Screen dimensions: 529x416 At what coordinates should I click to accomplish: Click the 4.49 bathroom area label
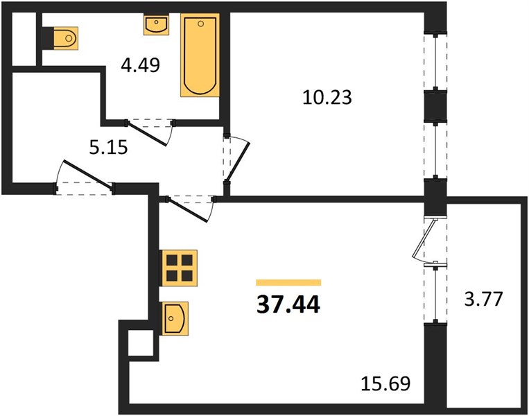[x=140, y=65]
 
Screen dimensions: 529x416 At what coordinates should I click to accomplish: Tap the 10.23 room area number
[x=327, y=97]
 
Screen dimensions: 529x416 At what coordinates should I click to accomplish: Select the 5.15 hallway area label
[x=108, y=148]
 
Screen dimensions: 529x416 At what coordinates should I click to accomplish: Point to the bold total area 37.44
[x=288, y=304]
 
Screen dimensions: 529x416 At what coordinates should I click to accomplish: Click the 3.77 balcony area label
[x=483, y=299]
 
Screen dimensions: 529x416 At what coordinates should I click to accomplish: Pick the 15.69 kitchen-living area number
[x=385, y=383]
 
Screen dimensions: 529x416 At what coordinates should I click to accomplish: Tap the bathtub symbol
[x=200, y=55]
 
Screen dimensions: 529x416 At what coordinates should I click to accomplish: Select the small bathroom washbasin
[x=156, y=25]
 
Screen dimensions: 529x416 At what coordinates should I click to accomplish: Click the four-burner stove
[x=179, y=268]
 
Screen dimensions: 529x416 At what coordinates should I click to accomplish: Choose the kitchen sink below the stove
[x=175, y=318]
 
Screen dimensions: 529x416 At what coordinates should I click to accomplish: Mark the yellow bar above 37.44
[x=288, y=283]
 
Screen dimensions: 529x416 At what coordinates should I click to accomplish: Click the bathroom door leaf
[x=146, y=134]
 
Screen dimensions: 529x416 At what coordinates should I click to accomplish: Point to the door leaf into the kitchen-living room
[x=187, y=210]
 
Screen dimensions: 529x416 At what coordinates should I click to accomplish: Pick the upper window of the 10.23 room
[x=435, y=62]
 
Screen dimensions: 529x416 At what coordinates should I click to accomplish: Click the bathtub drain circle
[x=201, y=24]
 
